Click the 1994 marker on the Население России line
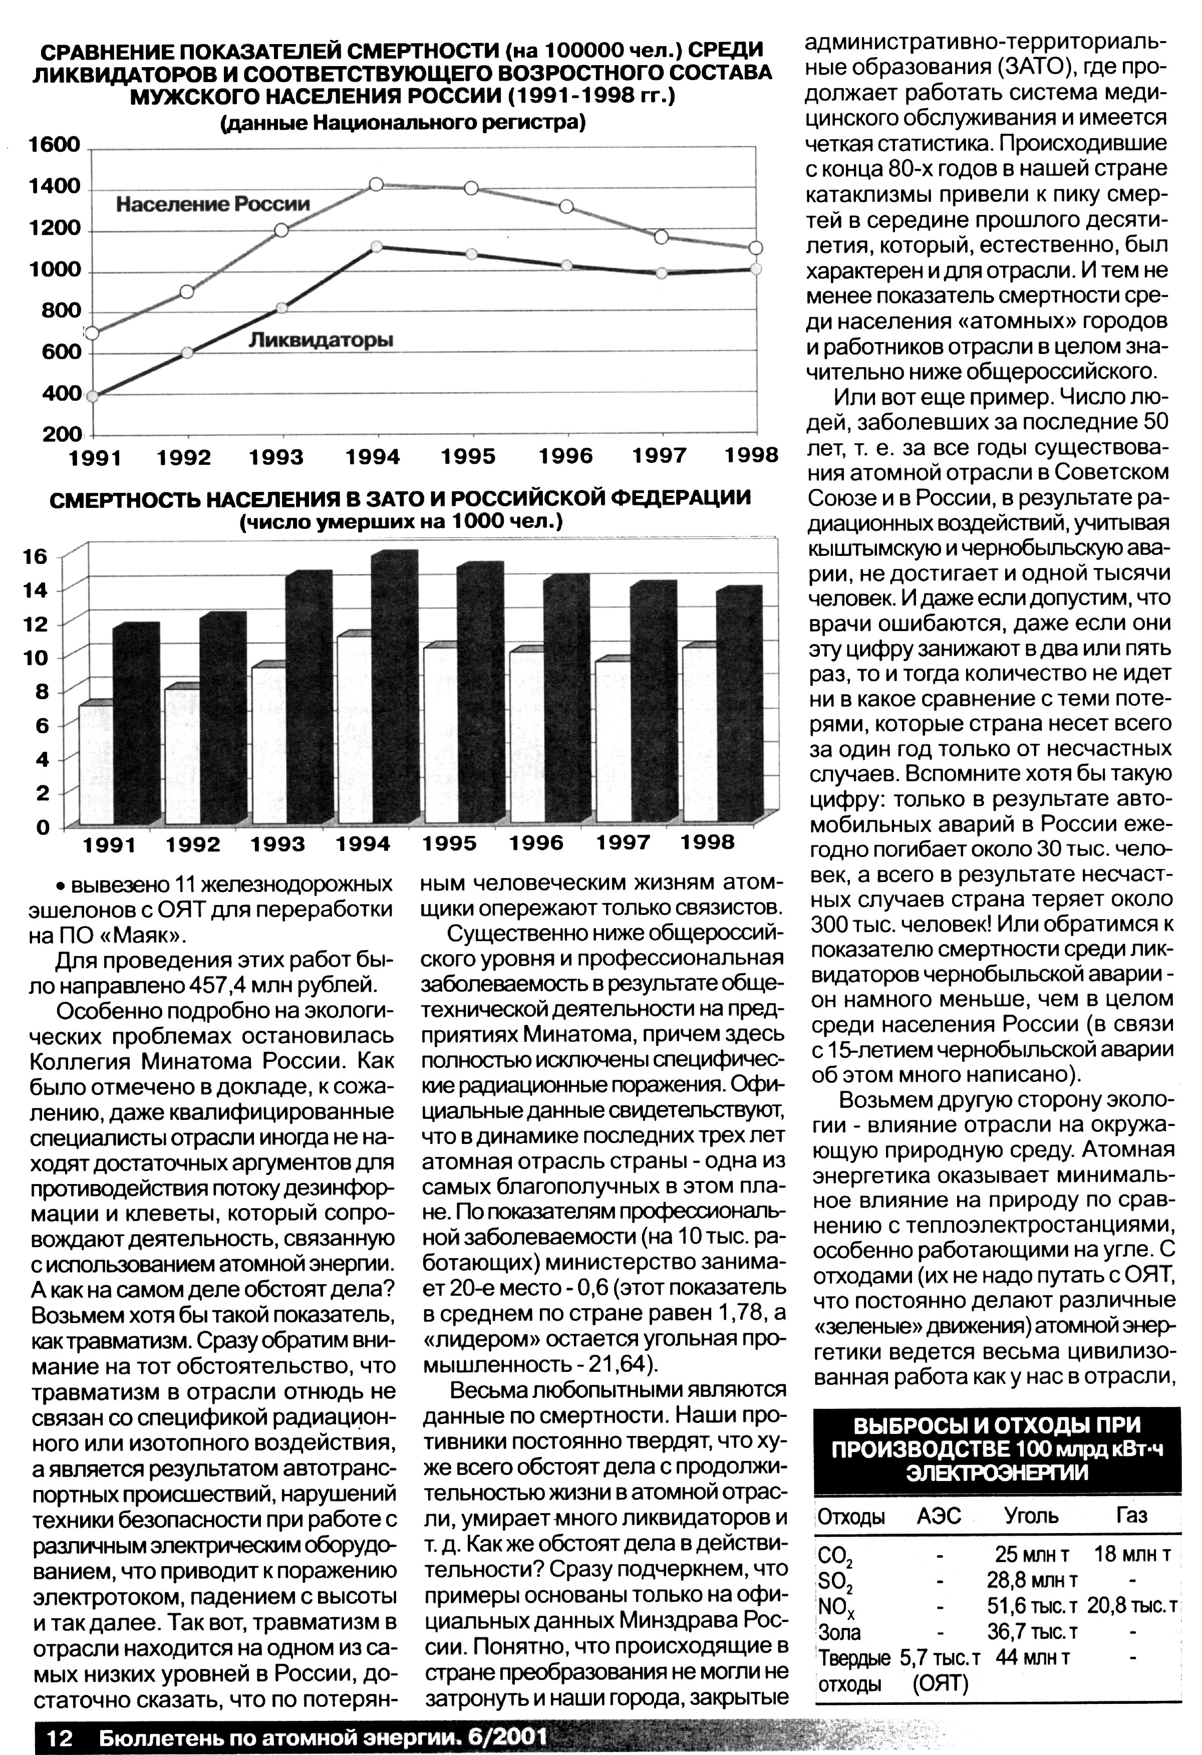point(377,184)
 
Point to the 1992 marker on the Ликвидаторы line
point(187,353)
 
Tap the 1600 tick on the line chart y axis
point(55,144)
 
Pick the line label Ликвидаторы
point(321,341)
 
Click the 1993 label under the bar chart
point(278,844)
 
